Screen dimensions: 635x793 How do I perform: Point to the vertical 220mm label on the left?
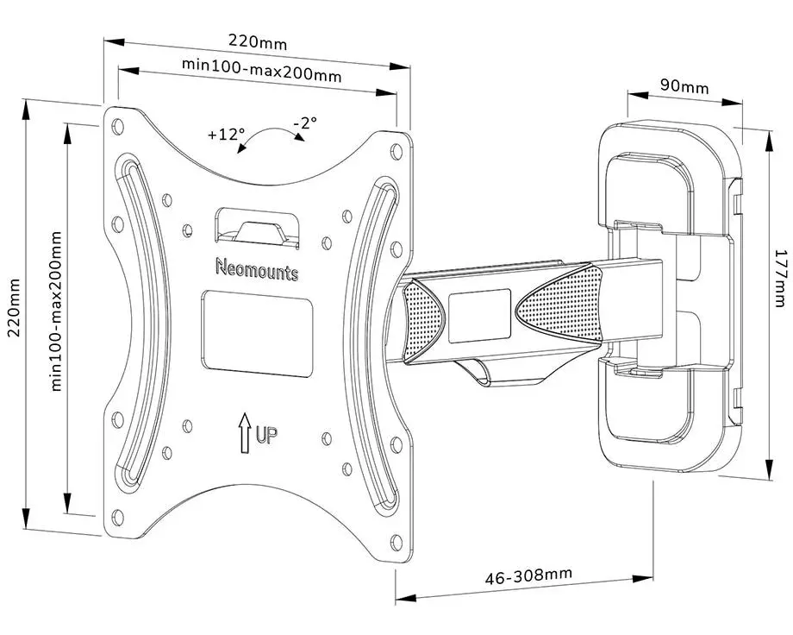click(13, 312)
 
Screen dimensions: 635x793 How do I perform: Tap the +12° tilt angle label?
click(226, 135)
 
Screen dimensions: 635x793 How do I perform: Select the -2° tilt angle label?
click(304, 123)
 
